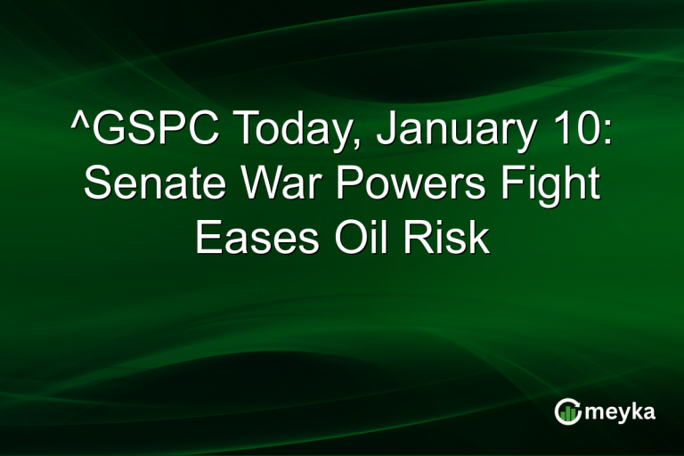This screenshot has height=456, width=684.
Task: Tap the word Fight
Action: point(542,186)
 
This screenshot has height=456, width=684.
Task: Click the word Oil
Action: point(365,238)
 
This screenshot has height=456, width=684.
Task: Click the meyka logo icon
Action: point(566,411)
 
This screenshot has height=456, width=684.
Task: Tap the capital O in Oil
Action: point(346,238)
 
